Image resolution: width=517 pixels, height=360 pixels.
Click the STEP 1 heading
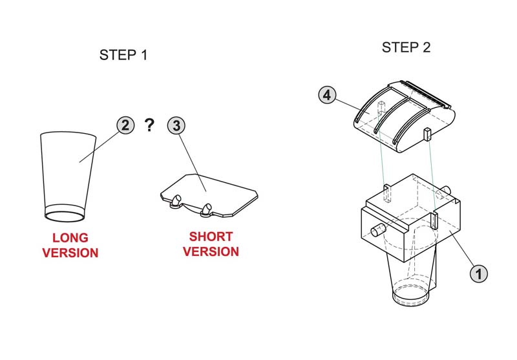pos(123,55)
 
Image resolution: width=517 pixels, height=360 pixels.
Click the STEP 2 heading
pos(406,47)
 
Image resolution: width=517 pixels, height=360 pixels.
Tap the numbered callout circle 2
pos(126,125)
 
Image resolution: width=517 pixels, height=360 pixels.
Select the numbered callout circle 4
pos(328,95)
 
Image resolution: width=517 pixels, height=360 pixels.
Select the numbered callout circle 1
pos(478,273)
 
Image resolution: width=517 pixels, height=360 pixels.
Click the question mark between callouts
pos(151,125)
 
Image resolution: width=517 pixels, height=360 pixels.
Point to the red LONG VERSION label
pos(70,245)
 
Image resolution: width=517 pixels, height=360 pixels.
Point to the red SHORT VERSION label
pos(211,244)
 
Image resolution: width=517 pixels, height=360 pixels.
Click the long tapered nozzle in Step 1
pos(67,171)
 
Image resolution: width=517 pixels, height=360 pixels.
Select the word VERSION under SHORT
pos(211,251)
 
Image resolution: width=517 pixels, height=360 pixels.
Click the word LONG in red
pos(70,238)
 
